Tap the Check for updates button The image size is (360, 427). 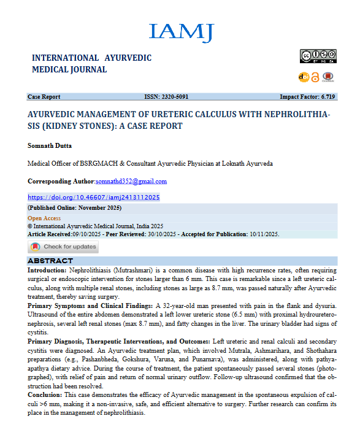(63, 247)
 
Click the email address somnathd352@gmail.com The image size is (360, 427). (131, 182)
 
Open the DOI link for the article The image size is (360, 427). (94, 198)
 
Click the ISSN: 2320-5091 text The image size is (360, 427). (166, 97)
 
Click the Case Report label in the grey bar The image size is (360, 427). (44, 97)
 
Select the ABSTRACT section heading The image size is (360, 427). (50, 261)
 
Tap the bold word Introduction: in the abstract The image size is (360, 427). (50, 270)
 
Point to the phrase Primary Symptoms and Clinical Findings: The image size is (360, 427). (89, 305)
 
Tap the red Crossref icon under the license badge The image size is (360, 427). (327, 77)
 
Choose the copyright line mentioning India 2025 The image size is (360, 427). (95, 226)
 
